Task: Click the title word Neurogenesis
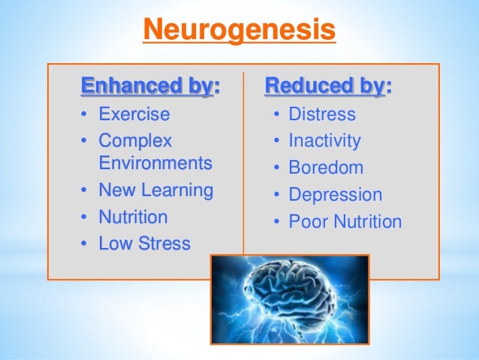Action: [239, 31]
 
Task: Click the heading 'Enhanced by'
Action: [146, 86]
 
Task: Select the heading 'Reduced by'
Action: [324, 86]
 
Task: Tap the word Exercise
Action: [134, 115]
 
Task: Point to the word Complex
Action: [135, 141]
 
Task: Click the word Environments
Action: [155, 163]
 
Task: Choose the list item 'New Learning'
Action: [155, 191]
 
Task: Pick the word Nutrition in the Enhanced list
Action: [134, 217]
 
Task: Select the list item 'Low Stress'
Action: [144, 244]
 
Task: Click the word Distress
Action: [322, 115]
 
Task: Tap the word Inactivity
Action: [324, 141]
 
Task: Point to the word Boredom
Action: [326, 168]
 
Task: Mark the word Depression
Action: [336, 195]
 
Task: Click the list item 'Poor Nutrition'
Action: [345, 222]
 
